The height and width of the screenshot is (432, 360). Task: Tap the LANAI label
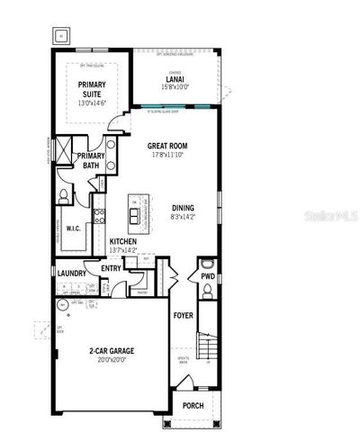pos(175,78)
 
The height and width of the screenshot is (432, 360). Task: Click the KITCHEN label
pos(122,242)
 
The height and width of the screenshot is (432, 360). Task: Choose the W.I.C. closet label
pos(74,229)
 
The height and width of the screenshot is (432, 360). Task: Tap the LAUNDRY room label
pos(71,273)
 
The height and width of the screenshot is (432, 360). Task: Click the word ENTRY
pos(112,268)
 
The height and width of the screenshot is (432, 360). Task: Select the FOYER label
pos(184,316)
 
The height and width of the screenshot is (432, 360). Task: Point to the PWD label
pos(208,276)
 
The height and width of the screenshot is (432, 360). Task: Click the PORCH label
pos(192,406)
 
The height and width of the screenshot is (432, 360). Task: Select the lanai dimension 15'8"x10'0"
pos(175,87)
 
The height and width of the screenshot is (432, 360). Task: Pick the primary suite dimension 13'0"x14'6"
pos(92,103)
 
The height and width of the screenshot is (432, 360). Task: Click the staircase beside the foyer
pos(208,347)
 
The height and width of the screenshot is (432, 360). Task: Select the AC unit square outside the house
pos(61,36)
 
